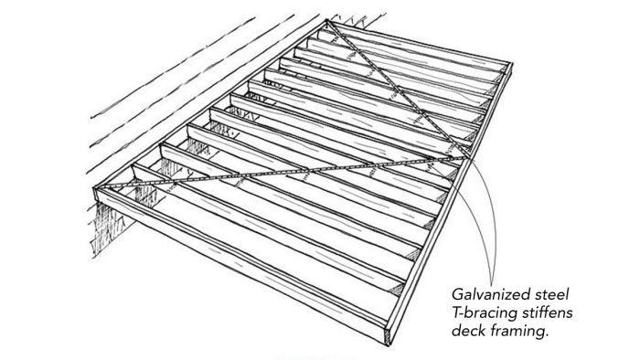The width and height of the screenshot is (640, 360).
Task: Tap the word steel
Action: pyautogui.click(x=557, y=294)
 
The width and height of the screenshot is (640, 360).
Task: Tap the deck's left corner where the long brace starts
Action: pyautogui.click(x=100, y=188)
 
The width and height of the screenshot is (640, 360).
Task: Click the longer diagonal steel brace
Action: pyautogui.click(x=274, y=173)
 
